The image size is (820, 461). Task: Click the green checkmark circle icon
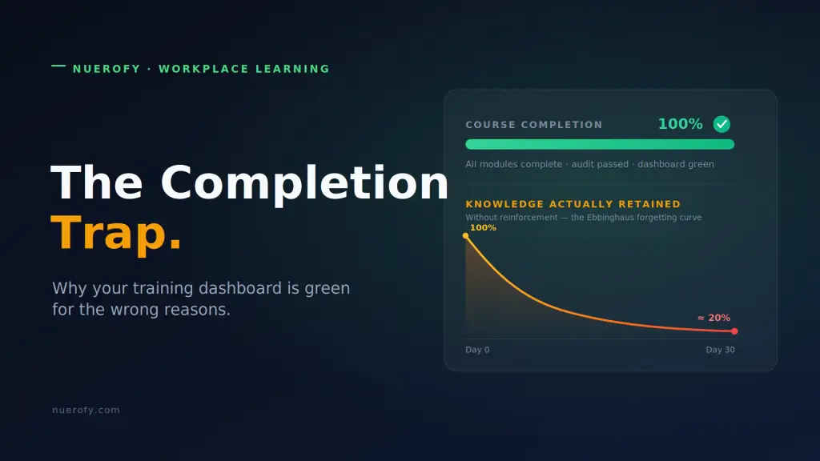click(x=722, y=124)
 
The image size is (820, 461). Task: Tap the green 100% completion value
click(x=680, y=124)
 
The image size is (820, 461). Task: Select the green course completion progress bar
click(x=600, y=144)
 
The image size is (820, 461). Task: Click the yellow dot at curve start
click(x=465, y=236)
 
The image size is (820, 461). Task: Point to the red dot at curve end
click(x=734, y=331)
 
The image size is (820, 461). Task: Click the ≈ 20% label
click(x=713, y=318)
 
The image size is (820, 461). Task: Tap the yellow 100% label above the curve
click(x=483, y=228)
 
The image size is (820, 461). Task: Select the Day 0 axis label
click(x=477, y=350)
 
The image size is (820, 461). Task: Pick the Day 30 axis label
click(x=720, y=350)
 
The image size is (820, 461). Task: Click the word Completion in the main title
click(x=304, y=183)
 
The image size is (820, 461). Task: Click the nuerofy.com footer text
click(x=86, y=411)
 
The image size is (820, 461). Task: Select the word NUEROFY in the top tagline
click(x=107, y=69)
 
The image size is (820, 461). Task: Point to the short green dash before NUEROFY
click(x=58, y=66)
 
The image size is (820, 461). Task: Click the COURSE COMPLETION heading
click(x=534, y=125)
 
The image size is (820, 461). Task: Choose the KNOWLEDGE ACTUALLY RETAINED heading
click(x=573, y=204)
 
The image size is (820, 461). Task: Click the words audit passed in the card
click(x=600, y=164)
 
